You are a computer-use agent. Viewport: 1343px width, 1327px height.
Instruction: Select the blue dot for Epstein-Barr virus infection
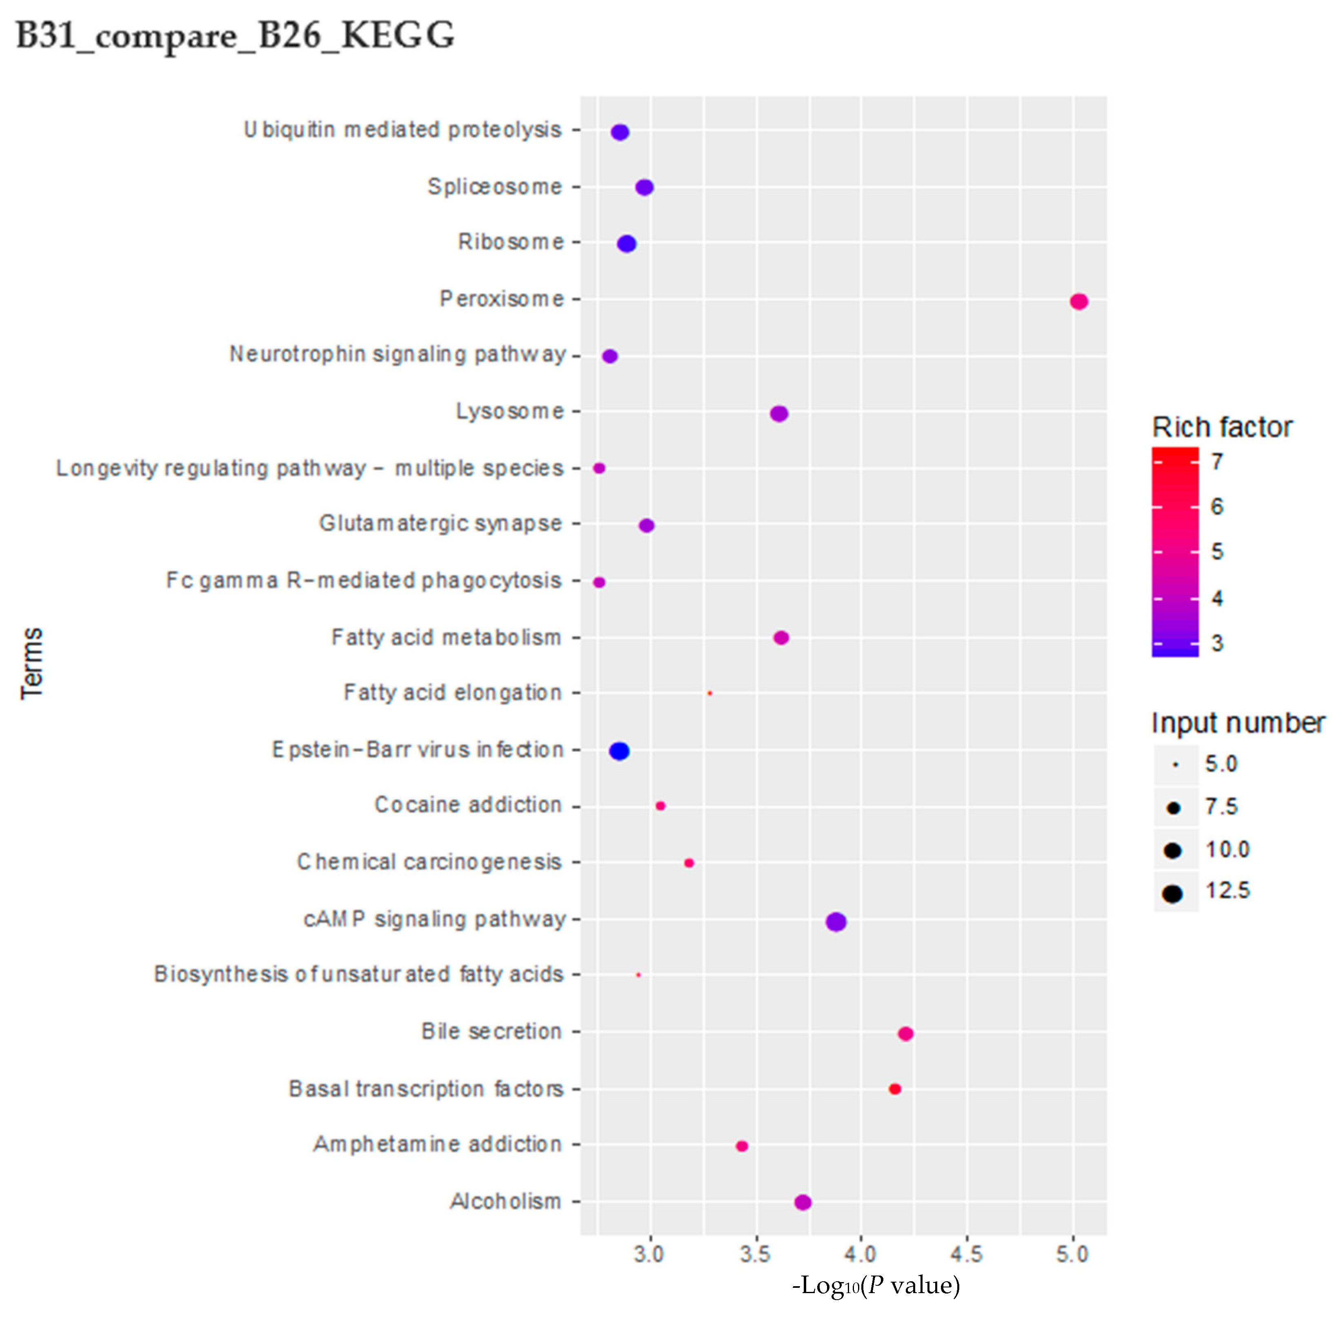[x=619, y=751]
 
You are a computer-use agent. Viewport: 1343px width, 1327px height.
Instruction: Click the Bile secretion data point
[x=905, y=1034]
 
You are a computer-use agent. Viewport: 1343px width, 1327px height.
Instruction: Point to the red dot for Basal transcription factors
[x=895, y=1089]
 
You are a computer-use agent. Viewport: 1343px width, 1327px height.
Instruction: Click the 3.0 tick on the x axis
[x=649, y=1254]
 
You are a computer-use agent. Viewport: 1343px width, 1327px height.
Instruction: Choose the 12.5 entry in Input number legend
[x=1227, y=891]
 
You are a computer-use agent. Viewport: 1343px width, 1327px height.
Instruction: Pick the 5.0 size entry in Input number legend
[x=1221, y=764]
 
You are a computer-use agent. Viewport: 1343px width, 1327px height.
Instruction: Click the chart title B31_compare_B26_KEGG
[x=235, y=35]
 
